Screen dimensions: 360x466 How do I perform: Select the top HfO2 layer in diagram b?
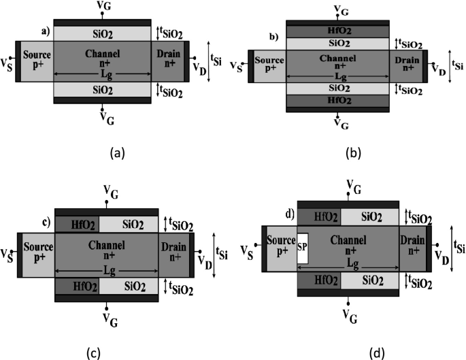pos(338,31)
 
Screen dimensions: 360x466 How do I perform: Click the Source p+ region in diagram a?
pos(37,61)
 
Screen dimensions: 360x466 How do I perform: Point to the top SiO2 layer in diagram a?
pos(102,33)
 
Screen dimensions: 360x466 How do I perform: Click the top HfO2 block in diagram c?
pos(76,223)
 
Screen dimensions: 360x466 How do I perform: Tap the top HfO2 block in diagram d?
pos(319,216)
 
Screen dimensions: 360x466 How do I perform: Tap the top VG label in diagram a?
pos(102,7)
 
